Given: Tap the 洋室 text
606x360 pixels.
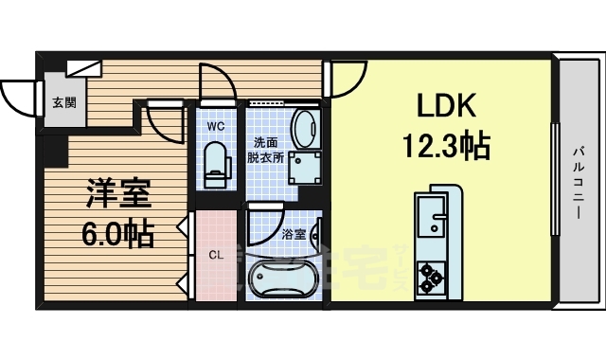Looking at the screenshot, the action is tap(119, 193).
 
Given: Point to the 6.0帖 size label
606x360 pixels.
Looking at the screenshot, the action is tap(118, 233).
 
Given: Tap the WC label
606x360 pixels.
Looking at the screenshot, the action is tap(216, 124).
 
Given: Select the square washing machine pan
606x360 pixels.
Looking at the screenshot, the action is tap(306, 169).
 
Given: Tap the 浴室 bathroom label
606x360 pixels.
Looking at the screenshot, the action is tap(294, 234).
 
